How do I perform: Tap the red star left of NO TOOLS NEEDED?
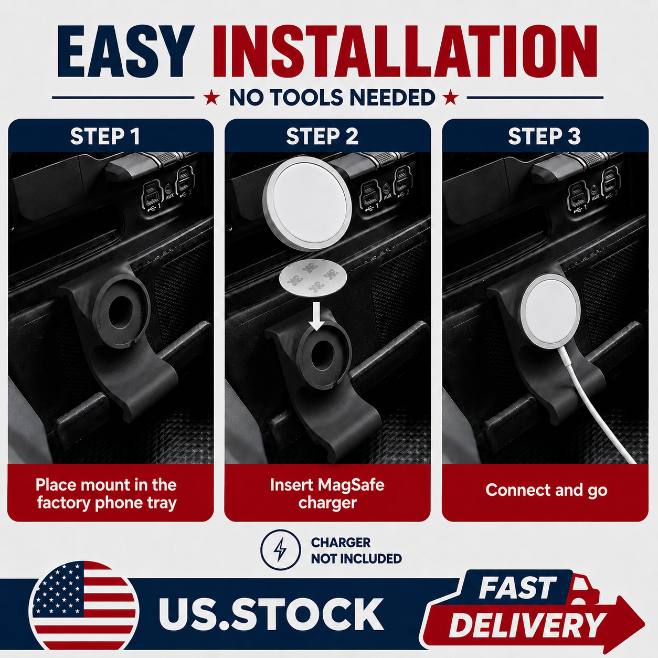coord(211,98)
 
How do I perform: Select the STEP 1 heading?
coord(105,136)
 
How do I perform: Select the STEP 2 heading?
coord(322,136)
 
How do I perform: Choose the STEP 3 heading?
coord(544,136)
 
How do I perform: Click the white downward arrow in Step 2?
coord(317,316)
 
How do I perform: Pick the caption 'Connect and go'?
coord(546,490)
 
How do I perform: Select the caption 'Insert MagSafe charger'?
coord(327,494)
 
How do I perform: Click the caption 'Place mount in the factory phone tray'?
coord(107,494)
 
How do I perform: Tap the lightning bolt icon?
coord(280,550)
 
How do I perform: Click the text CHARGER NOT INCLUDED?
coord(356,550)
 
